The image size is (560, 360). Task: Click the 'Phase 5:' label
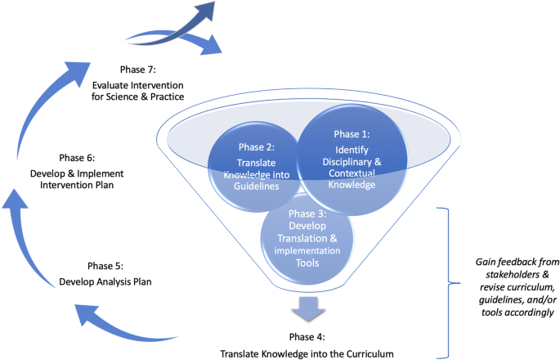[106, 267]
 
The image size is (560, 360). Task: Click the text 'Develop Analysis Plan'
[106, 282]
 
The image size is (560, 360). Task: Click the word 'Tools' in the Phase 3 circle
[307, 264]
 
